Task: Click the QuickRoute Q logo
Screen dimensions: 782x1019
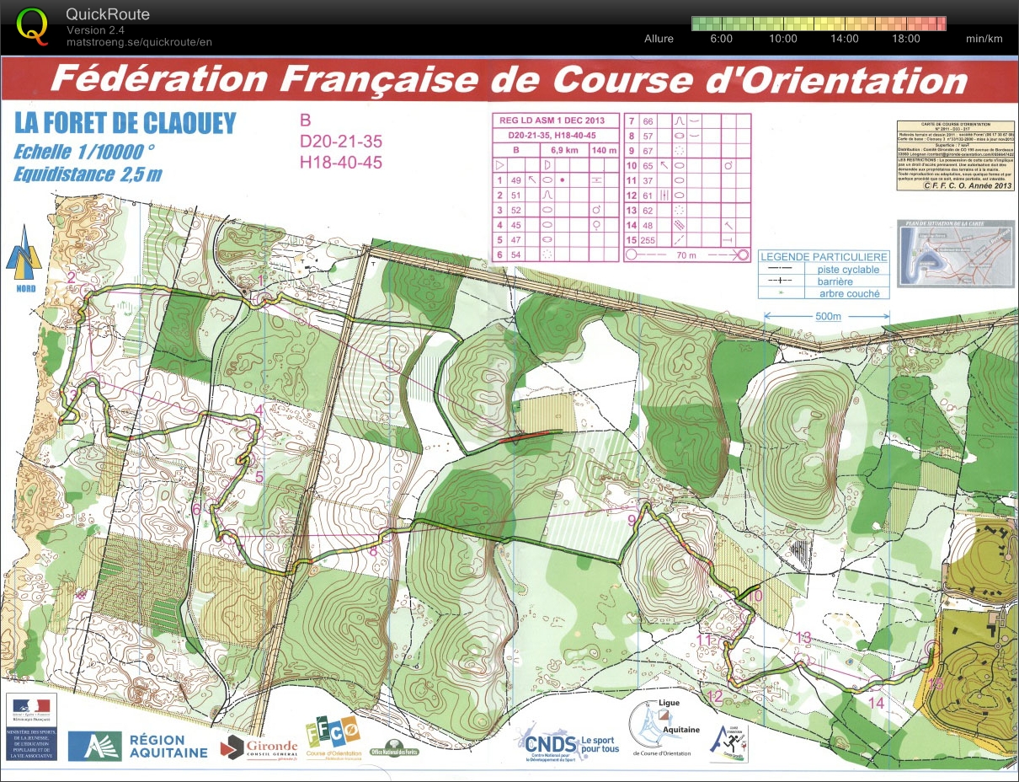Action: [x=32, y=25]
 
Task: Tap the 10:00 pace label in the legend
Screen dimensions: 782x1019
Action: [x=782, y=39]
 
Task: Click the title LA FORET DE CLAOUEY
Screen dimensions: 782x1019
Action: [x=125, y=124]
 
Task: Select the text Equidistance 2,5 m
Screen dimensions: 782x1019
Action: [x=88, y=174]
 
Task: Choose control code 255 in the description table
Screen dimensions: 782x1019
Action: [x=648, y=240]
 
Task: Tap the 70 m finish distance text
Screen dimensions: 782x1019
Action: [x=686, y=254]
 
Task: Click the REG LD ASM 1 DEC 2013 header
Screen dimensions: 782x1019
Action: [x=556, y=121]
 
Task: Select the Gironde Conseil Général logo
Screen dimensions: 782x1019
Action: [x=259, y=747]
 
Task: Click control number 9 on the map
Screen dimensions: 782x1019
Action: [x=632, y=519]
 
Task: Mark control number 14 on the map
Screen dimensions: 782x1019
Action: [x=876, y=702]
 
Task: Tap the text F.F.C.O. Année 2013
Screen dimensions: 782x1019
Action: [x=967, y=186]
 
